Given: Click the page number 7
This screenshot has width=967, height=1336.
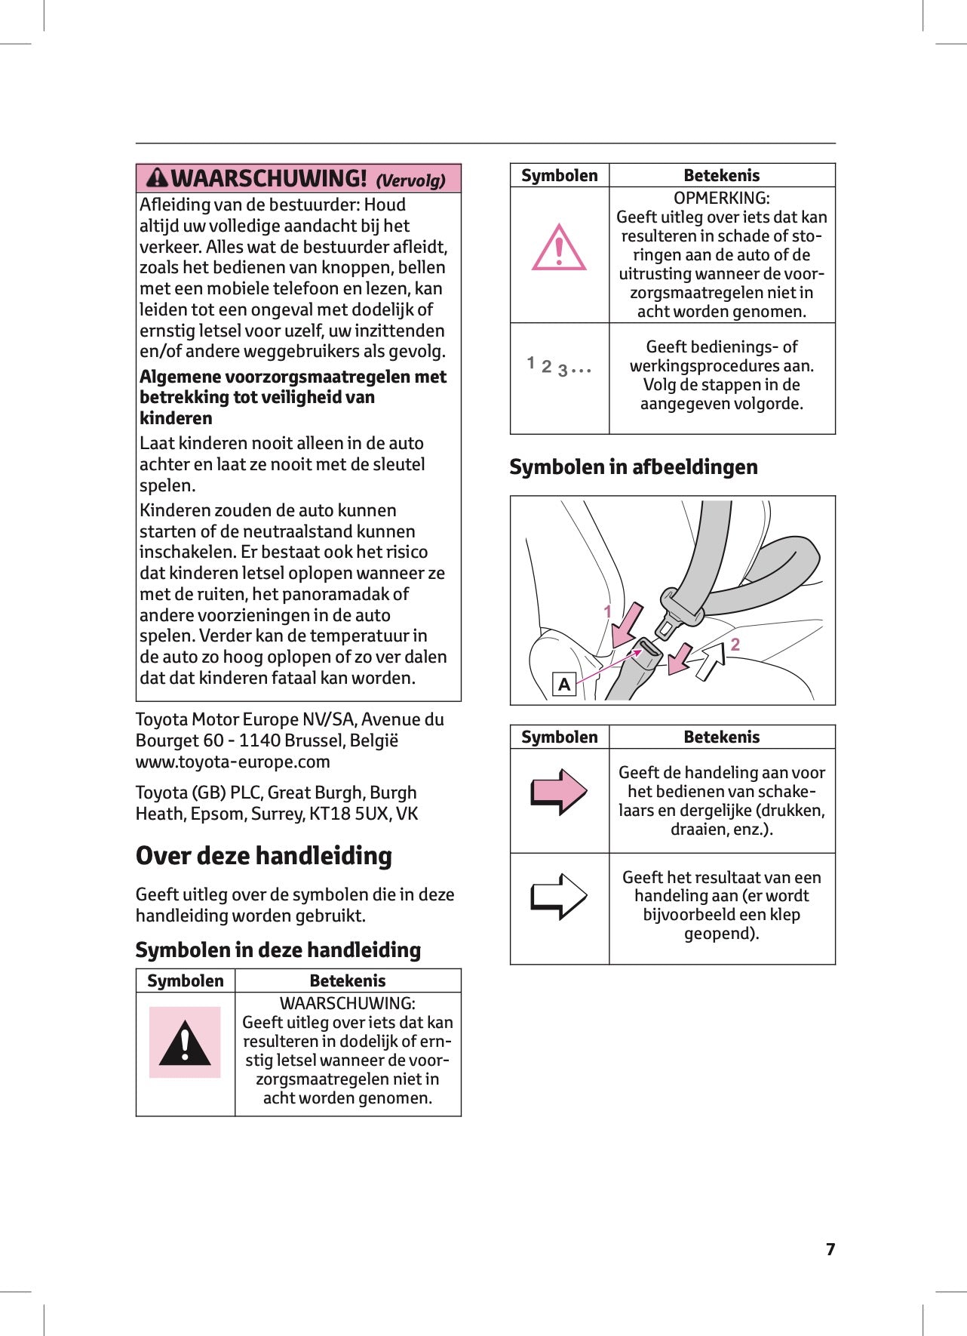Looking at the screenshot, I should pyautogui.click(x=830, y=1249).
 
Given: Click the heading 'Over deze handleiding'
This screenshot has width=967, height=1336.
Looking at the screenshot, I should pyautogui.click(x=263, y=856).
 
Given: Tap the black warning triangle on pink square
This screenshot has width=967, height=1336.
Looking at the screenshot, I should pyautogui.click(x=185, y=1042).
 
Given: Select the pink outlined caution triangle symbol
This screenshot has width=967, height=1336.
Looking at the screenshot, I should pyautogui.click(x=559, y=248).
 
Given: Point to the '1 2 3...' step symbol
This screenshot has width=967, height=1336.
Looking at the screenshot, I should pyautogui.click(x=558, y=367).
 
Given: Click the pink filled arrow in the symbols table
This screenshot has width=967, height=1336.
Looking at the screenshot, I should pyautogui.click(x=559, y=791).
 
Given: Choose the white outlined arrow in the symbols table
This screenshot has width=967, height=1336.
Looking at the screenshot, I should pyautogui.click(x=559, y=896).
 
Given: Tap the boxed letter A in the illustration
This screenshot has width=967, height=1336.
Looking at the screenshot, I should pyautogui.click(x=564, y=685).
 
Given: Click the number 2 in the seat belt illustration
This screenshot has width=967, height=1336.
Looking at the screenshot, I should pyautogui.click(x=735, y=644).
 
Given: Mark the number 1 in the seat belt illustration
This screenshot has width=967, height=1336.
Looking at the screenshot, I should pyautogui.click(x=608, y=611).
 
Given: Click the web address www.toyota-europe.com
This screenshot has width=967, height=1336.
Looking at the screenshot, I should pyautogui.click(x=233, y=762).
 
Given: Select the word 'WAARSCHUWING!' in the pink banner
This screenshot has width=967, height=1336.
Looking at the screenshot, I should pyautogui.click(x=269, y=179).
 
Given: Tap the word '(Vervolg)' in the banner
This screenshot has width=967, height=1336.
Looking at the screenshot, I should pyautogui.click(x=410, y=180).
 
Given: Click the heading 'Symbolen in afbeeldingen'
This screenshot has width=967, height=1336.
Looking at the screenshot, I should pyautogui.click(x=634, y=467).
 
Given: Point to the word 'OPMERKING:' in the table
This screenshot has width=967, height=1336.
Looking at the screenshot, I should pyautogui.click(x=722, y=198).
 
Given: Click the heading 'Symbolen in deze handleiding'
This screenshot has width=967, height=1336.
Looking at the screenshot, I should pyautogui.click(x=278, y=950).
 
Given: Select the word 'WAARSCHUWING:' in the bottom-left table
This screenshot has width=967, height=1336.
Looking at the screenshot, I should pyautogui.click(x=348, y=1003).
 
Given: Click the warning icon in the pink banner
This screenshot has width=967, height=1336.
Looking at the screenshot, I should pyautogui.click(x=157, y=178).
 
